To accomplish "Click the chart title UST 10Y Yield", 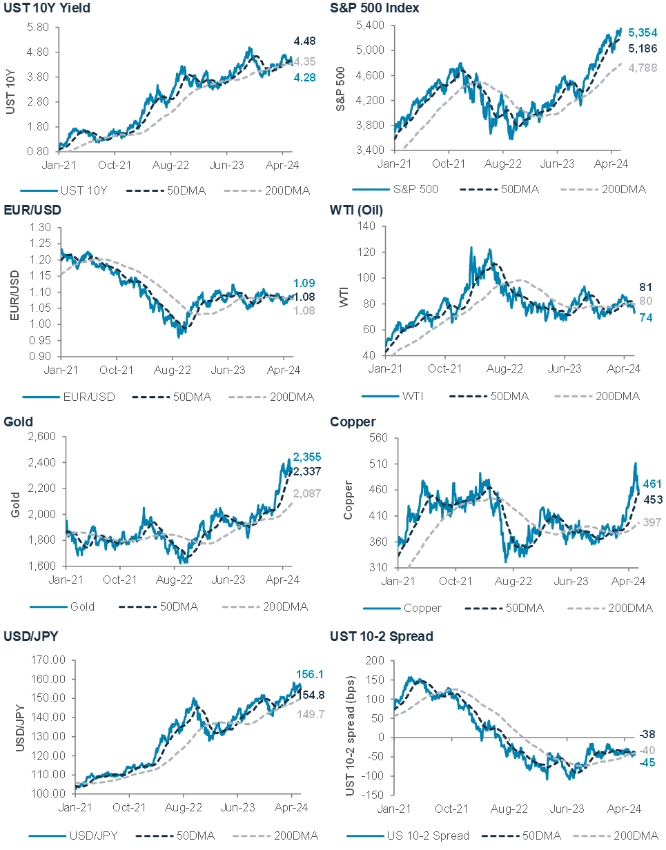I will pyautogui.click(x=46, y=8).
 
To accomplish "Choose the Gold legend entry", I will pyautogui.click(x=82, y=607).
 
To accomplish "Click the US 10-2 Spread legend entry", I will pyautogui.click(x=430, y=836).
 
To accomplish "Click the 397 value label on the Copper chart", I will pyautogui.click(x=653, y=522).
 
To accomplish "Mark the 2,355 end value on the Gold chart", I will pyautogui.click(x=307, y=457).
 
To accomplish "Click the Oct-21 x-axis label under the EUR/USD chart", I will pyautogui.click(x=115, y=370).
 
